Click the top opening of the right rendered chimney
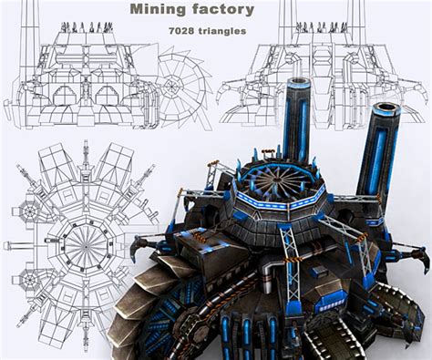click(x=384, y=108)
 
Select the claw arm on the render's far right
click(x=418, y=255)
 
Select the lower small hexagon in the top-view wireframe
click(x=31, y=283)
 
